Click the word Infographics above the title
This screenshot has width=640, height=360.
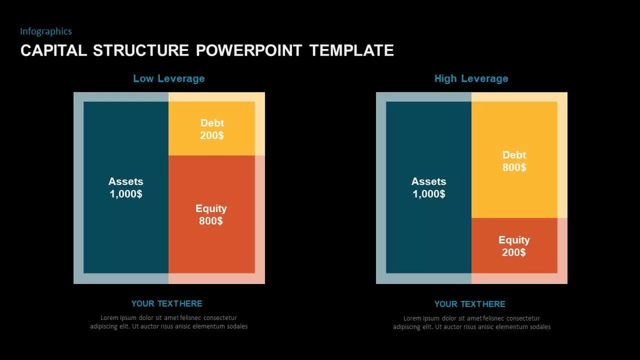click(x=46, y=31)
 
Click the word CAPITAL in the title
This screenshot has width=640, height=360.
click(x=53, y=50)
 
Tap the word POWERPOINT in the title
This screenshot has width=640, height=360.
click(x=249, y=50)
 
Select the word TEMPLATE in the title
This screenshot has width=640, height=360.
click(x=351, y=50)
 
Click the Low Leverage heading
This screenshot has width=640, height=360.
click(x=169, y=78)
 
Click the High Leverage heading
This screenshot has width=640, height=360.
click(x=471, y=78)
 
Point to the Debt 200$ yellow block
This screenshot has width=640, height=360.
click(x=211, y=128)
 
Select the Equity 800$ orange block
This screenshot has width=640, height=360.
click(x=211, y=214)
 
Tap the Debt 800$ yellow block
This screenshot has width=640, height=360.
click(x=514, y=159)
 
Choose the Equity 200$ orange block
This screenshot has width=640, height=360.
click(x=514, y=245)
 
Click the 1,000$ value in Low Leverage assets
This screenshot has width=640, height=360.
click(x=126, y=194)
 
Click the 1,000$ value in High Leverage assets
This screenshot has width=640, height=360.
click(x=429, y=194)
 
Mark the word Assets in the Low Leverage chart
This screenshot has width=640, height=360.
click(x=126, y=181)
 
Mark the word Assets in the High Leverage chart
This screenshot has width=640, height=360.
click(x=429, y=181)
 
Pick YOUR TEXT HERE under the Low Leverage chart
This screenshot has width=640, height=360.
click(x=167, y=303)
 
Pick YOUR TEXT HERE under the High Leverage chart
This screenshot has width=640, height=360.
click(x=470, y=304)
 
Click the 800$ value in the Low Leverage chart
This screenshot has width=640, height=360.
click(x=211, y=221)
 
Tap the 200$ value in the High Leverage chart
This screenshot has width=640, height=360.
click(x=513, y=252)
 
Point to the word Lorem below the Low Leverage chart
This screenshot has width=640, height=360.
click(x=109, y=317)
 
